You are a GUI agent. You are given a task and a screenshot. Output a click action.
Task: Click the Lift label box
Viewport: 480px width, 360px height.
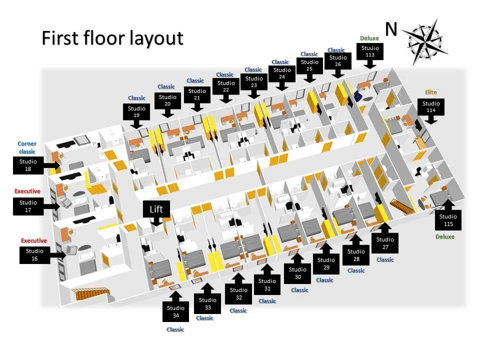156,209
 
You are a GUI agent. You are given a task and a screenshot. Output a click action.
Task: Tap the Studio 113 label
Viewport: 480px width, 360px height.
370,51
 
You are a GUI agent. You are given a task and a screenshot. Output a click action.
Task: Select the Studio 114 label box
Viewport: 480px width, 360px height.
431,106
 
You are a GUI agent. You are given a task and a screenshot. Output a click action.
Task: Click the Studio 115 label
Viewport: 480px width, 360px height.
448,219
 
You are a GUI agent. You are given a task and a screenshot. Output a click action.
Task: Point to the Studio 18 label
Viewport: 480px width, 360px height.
28,165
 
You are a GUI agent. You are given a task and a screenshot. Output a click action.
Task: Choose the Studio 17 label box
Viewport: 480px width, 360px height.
28,205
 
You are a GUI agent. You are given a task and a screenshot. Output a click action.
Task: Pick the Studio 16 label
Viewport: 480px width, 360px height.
34,254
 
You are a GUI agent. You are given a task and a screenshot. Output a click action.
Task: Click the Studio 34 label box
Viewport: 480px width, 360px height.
175,311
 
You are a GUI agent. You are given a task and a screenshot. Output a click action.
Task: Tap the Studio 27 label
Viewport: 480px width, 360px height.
385,243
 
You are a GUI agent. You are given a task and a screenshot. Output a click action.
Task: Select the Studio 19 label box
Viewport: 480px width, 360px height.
136,111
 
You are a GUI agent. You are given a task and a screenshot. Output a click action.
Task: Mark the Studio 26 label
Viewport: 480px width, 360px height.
338,61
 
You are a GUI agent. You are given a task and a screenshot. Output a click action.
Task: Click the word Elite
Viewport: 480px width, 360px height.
431,92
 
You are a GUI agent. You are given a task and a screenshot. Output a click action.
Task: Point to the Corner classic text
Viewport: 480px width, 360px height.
27,147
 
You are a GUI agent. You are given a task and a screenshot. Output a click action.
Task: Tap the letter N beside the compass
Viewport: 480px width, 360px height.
391,29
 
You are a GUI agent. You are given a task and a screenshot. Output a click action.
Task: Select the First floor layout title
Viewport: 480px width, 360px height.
112,38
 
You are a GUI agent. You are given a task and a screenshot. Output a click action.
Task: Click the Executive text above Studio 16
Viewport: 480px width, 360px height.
33,240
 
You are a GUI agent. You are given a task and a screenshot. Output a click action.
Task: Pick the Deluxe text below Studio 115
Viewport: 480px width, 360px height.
445,236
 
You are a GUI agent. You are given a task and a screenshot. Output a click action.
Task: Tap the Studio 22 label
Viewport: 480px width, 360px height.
226,86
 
